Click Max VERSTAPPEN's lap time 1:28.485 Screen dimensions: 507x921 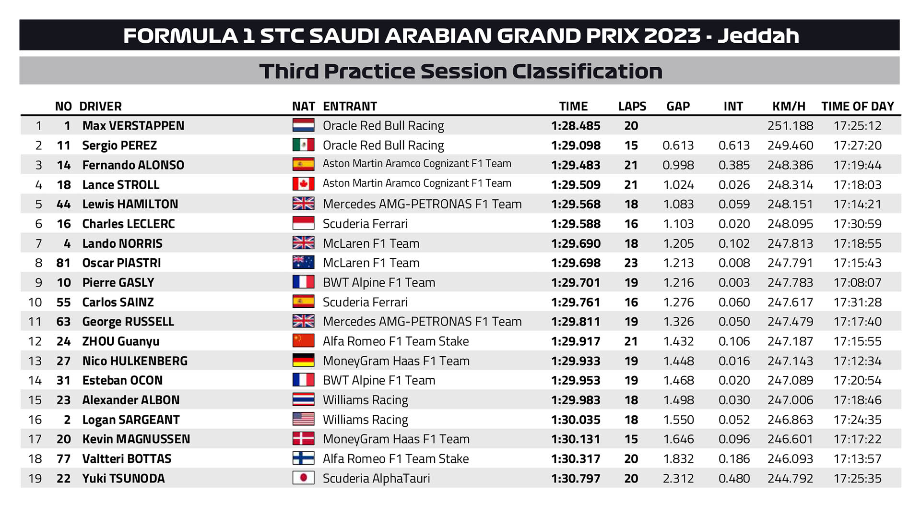point(575,126)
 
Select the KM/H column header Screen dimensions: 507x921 point(789,106)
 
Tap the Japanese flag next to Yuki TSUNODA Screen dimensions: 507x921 point(303,478)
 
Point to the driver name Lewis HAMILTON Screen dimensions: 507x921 point(130,204)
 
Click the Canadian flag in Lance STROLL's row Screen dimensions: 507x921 point(303,184)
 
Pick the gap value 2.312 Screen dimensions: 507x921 point(678,478)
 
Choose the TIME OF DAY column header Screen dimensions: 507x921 point(857,106)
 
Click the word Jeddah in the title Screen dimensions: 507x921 point(758,36)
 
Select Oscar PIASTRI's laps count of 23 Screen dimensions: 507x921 point(631,263)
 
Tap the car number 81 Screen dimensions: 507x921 point(63,263)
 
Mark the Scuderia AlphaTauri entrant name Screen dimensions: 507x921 point(376,478)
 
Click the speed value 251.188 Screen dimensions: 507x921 point(790,126)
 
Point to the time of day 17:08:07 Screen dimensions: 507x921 point(857,283)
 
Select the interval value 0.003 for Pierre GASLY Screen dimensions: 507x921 point(733,283)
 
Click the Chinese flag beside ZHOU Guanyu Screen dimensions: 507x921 point(303,341)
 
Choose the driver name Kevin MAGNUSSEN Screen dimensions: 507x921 point(136,439)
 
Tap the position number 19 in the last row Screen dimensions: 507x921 point(35,478)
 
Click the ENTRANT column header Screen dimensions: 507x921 point(350,106)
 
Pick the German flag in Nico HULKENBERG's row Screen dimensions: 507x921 point(303,361)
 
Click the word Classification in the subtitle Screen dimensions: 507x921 point(587,71)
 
